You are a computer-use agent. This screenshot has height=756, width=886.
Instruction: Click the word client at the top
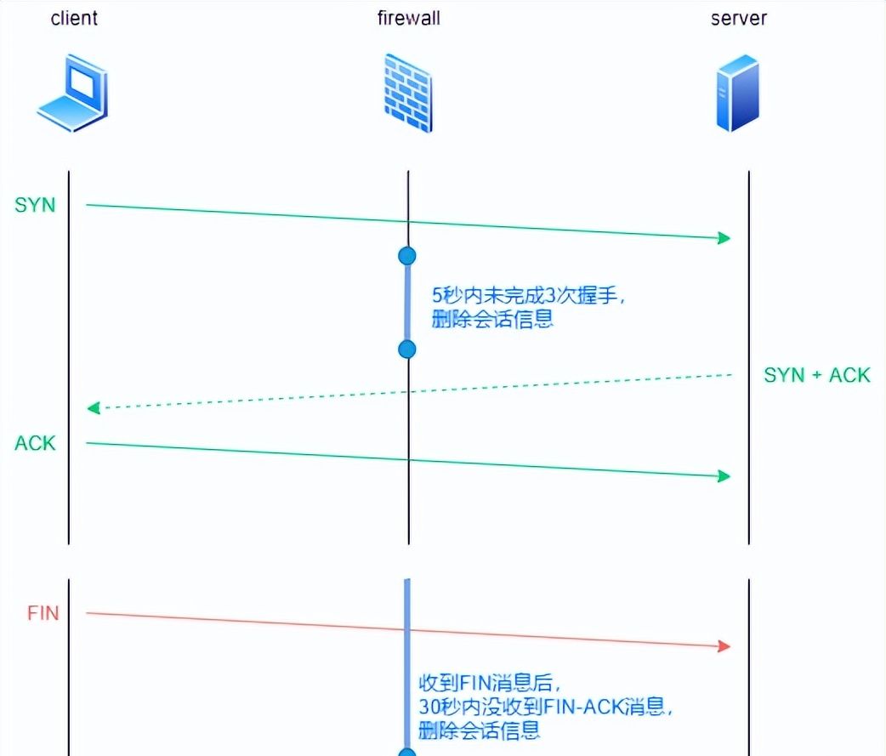point(74,18)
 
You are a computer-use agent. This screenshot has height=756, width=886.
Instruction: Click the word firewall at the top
point(408,18)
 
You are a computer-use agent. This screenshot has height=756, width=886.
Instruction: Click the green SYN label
point(34,205)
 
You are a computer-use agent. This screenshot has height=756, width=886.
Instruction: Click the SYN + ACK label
point(816,375)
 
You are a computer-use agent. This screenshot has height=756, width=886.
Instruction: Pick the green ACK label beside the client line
point(35,443)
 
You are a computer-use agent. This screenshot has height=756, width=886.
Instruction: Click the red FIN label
point(43,613)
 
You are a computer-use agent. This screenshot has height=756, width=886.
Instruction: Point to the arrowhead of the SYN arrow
point(724,238)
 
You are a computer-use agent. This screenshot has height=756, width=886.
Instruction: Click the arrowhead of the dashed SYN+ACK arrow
point(93,408)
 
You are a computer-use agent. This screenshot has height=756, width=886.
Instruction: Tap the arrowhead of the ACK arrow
point(724,476)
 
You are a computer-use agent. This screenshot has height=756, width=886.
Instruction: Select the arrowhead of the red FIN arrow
point(724,646)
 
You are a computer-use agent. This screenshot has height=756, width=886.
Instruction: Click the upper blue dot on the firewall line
point(407,255)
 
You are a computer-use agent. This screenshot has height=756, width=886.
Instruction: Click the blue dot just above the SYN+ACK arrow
point(407,349)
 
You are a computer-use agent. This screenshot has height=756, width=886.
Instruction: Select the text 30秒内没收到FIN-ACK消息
point(551,706)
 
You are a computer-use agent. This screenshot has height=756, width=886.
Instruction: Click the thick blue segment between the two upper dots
point(407,302)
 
